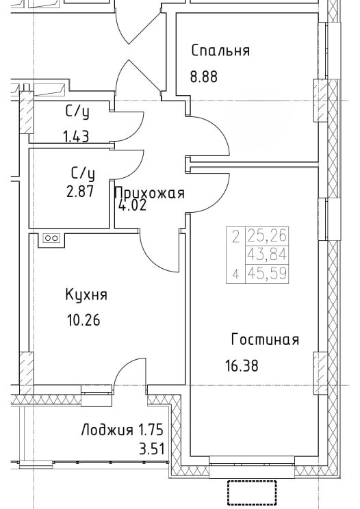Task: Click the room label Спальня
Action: pyautogui.click(x=220, y=51)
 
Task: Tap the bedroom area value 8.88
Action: pyautogui.click(x=204, y=77)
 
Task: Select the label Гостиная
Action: pyautogui.click(x=265, y=339)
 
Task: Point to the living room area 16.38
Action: pyautogui.click(x=242, y=365)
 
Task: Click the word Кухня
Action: pyautogui.click(x=86, y=294)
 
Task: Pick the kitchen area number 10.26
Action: pyautogui.click(x=83, y=320)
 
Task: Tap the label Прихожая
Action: pyautogui.click(x=150, y=194)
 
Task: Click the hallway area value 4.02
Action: pyautogui.click(x=133, y=205)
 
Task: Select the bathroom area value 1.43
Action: pyautogui.click(x=76, y=137)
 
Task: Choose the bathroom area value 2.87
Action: pyautogui.click(x=80, y=192)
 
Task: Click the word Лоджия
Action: pyautogui.click(x=107, y=430)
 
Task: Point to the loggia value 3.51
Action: pyautogui.click(x=151, y=450)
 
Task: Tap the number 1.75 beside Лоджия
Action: pyautogui.click(x=151, y=430)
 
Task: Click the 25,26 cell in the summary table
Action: pyautogui.click(x=267, y=236)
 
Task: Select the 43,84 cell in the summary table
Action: pyautogui.click(x=267, y=254)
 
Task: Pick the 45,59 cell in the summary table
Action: pyautogui.click(x=267, y=274)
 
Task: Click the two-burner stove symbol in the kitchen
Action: pyautogui.click(x=51, y=239)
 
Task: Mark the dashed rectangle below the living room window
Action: pyautogui.click(x=252, y=493)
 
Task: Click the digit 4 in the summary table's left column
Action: pyautogui.click(x=235, y=274)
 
